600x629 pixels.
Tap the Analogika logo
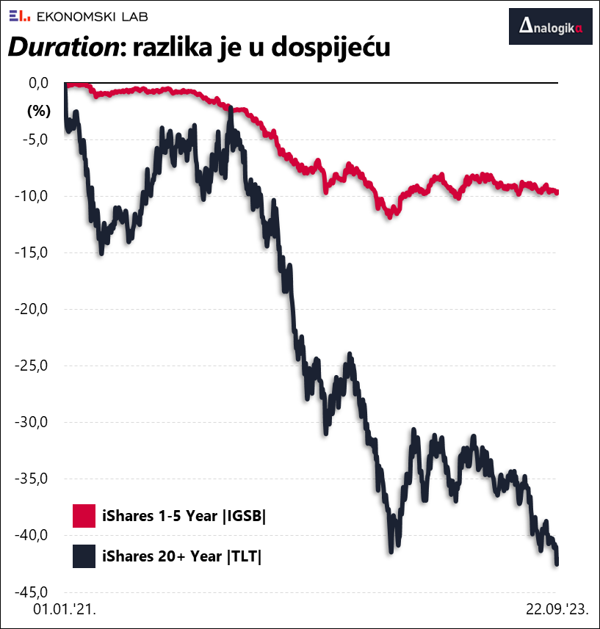[550, 27]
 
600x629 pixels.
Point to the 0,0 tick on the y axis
[38, 83]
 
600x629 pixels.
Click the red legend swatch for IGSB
[84, 516]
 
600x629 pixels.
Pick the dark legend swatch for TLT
[84, 556]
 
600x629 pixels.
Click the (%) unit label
[37, 112]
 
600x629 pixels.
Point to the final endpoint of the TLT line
[557, 563]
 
